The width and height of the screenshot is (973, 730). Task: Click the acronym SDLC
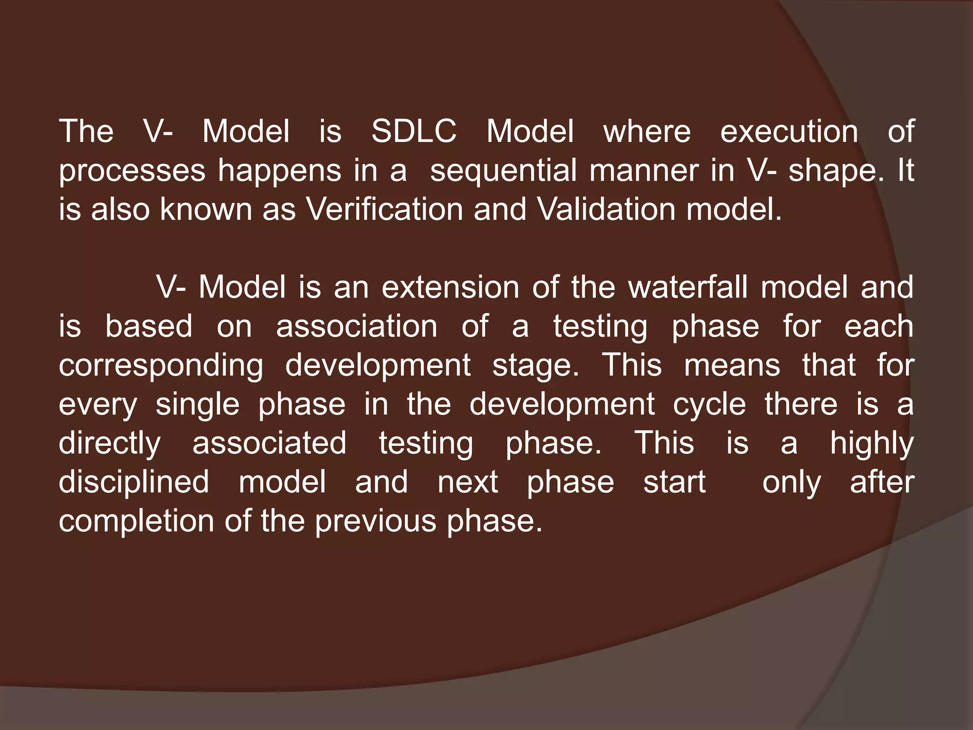tap(413, 131)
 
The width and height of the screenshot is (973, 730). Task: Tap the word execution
tap(789, 131)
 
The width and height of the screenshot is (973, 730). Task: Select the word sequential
tap(503, 170)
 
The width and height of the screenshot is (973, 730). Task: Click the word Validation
tap(606, 209)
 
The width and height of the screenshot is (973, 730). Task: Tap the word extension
tap(450, 287)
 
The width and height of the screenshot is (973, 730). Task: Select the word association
tap(357, 326)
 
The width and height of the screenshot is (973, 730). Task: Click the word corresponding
tap(161, 365)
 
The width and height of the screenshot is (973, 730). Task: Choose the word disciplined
tap(134, 481)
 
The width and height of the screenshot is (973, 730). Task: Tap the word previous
tap(375, 521)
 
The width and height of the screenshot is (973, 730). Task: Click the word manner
tap(645, 170)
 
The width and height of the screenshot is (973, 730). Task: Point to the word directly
tap(110, 443)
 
